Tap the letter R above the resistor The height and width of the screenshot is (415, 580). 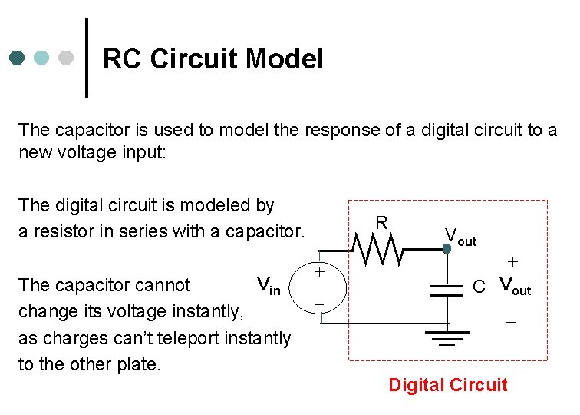coord(381,224)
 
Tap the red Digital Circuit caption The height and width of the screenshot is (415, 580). coord(448,385)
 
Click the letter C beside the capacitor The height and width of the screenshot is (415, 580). coord(479,287)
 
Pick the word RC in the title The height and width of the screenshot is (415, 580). coord(120,59)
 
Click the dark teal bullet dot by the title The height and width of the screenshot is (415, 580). coord(18,58)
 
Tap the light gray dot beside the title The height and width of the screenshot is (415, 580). coord(66,58)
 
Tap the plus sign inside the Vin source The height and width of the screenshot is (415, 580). coord(320,272)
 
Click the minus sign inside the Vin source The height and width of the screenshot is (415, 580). coord(320,306)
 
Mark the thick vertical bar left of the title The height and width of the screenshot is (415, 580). coord(86,58)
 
